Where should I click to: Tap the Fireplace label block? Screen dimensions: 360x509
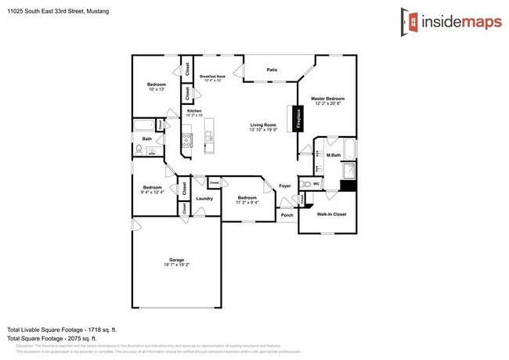pos(298,117)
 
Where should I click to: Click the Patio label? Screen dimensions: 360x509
pos(272,70)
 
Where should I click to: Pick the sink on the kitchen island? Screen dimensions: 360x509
pos(208,139)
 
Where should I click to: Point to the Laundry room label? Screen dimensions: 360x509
pos(204,199)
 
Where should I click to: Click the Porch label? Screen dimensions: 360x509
pos(287,215)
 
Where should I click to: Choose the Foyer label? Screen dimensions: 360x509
pos(285,186)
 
